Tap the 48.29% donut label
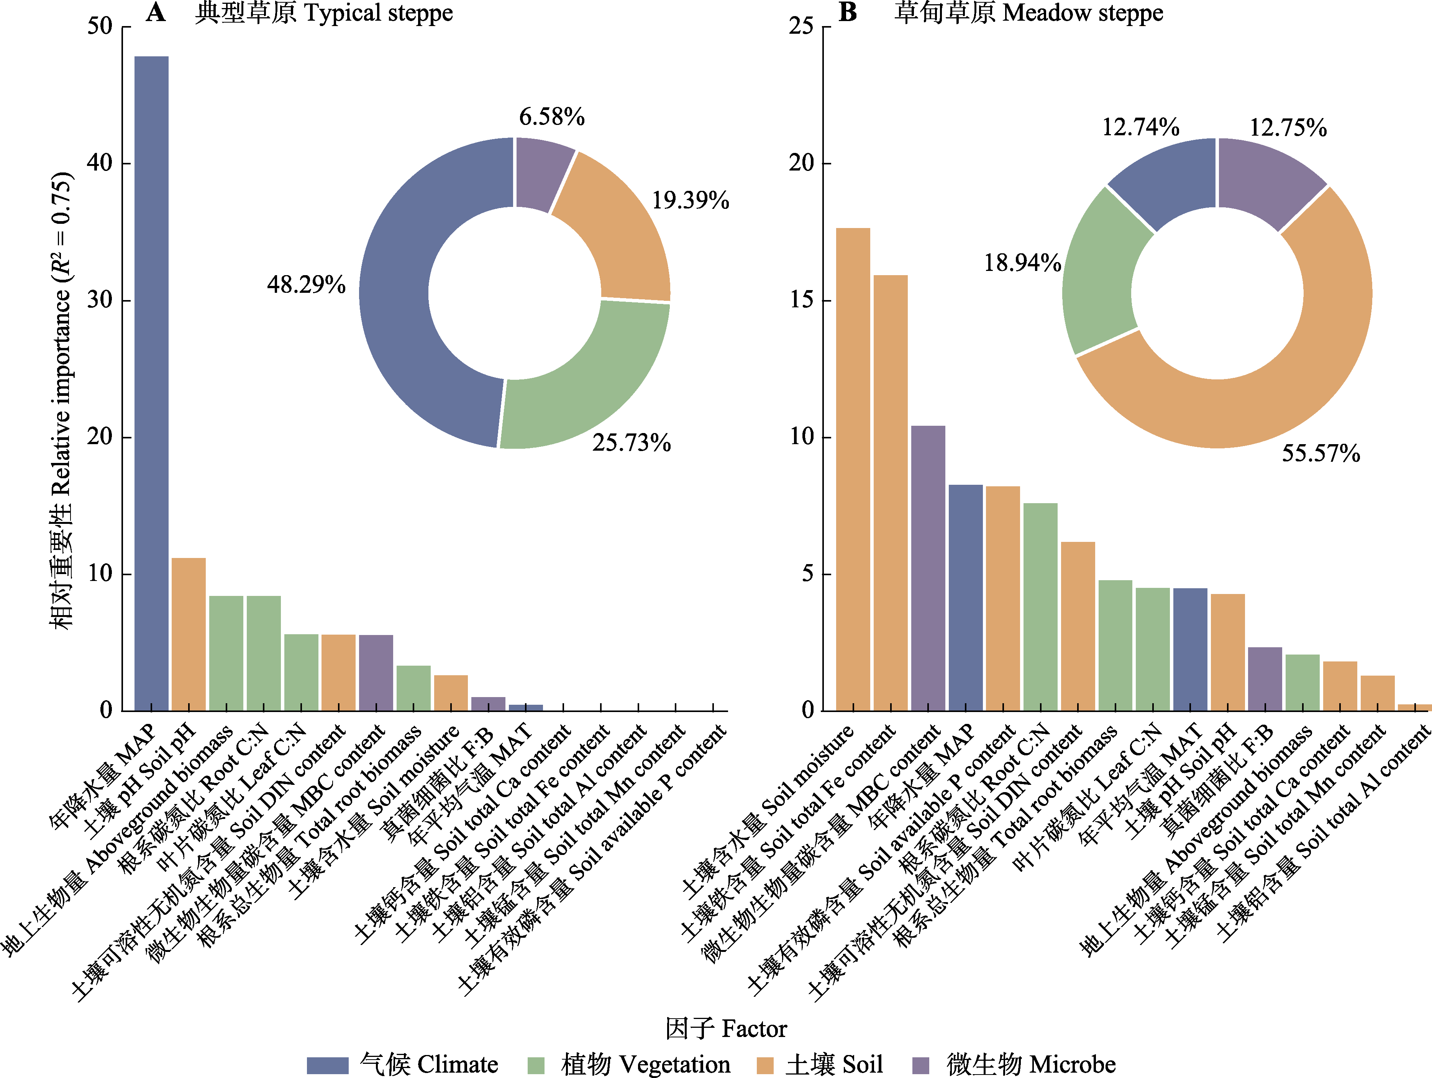click(x=306, y=285)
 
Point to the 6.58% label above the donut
click(x=551, y=117)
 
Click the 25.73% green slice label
click(x=631, y=443)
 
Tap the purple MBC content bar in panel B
click(x=928, y=568)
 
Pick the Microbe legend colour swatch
click(x=920, y=1065)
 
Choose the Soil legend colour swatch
click(x=765, y=1065)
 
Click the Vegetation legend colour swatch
click(x=536, y=1065)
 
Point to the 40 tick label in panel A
click(x=100, y=163)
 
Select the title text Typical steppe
click(x=378, y=13)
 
